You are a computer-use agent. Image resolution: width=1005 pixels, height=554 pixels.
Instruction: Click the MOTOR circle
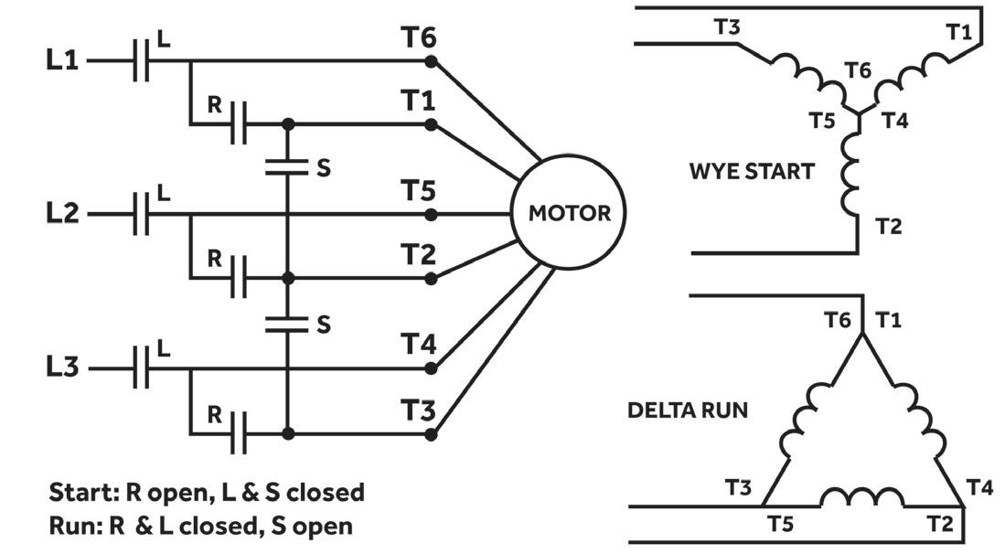(569, 214)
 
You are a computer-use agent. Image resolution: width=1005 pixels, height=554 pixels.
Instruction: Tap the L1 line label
(63, 61)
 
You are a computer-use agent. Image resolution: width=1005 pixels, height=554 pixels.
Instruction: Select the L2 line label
(63, 214)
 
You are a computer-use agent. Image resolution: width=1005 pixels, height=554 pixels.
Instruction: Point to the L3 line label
(63, 368)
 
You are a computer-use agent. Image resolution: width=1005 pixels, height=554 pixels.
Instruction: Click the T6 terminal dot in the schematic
(431, 62)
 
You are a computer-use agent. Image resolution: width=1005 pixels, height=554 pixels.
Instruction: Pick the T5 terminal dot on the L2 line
(431, 215)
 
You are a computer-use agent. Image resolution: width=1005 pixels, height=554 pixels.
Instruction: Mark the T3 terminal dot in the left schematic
(431, 434)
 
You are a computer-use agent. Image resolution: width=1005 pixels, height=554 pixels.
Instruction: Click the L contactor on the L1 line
(142, 62)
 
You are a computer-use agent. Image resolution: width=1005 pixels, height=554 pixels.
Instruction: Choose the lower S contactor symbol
(288, 323)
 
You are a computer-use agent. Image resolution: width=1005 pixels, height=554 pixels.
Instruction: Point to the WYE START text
(751, 171)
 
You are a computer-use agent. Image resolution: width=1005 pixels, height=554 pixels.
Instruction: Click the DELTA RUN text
(687, 410)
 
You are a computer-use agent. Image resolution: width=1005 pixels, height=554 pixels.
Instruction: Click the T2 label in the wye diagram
(889, 226)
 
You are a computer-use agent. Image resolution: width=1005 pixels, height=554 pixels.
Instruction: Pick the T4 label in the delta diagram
(979, 487)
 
